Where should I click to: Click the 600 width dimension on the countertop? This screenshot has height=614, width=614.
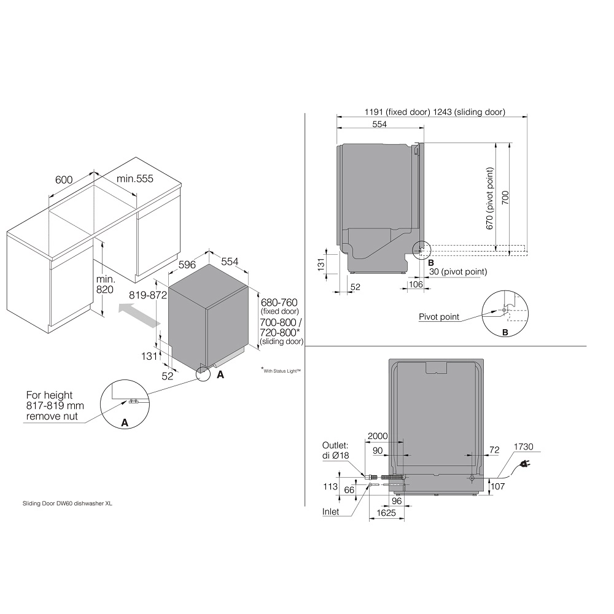point(64,180)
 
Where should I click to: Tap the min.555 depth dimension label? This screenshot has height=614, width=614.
point(135,179)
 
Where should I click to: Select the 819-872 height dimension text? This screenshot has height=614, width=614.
point(148,295)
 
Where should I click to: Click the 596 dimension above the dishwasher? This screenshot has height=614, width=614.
point(187,265)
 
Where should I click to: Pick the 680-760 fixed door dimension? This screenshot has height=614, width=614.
point(279,302)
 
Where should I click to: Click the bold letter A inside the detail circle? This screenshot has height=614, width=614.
point(125,423)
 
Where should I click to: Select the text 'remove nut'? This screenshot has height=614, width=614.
point(52,416)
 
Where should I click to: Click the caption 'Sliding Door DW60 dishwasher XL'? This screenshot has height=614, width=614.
point(68,503)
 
